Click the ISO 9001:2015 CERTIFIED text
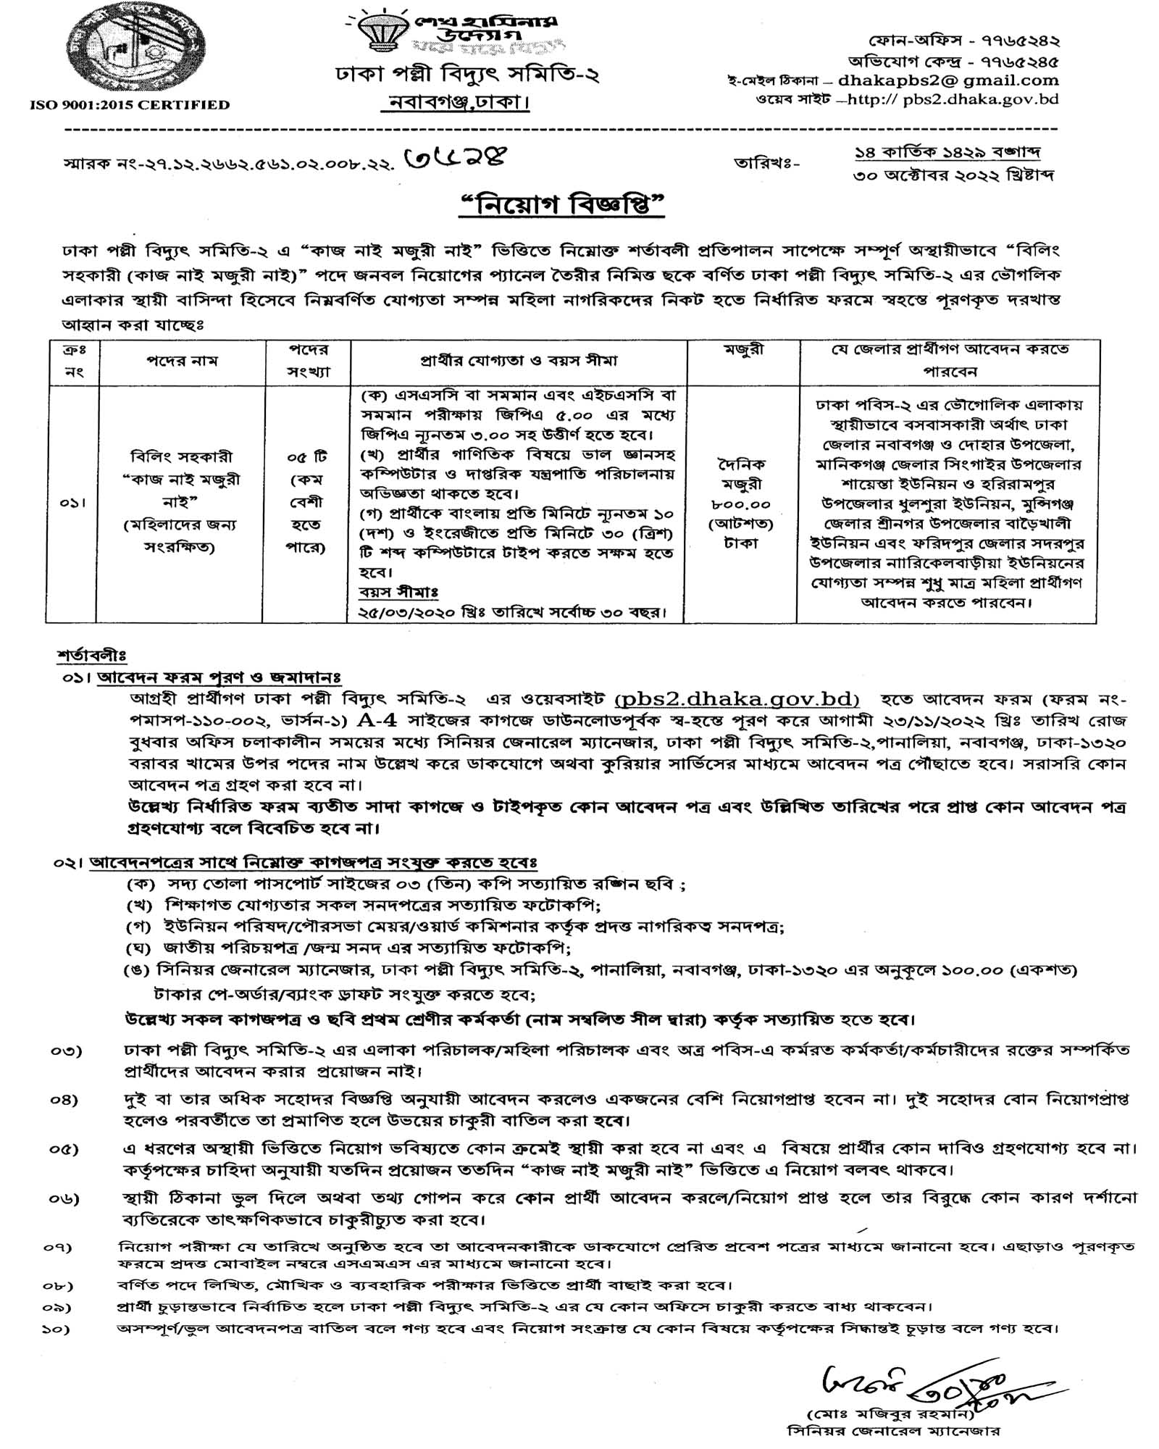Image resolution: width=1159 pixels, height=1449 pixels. coord(130,105)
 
